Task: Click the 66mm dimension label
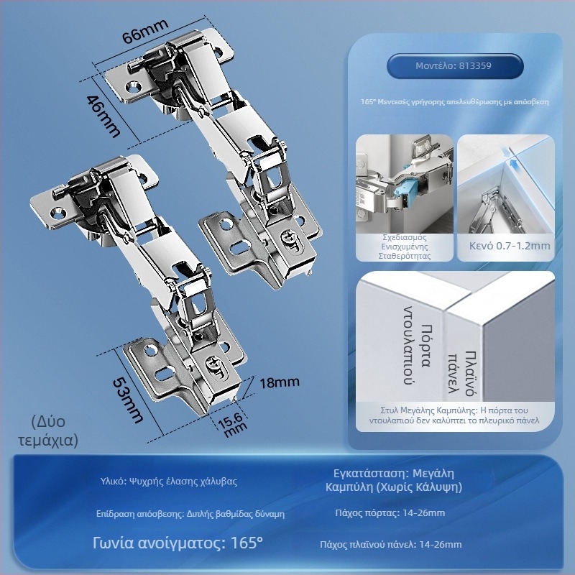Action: click(x=145, y=31)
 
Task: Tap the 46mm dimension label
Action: click(x=103, y=116)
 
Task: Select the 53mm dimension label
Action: click(x=127, y=400)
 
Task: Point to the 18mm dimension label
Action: click(x=280, y=382)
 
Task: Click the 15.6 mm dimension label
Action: click(x=232, y=425)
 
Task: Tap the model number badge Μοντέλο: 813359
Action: click(x=455, y=66)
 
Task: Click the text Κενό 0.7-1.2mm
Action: click(x=510, y=246)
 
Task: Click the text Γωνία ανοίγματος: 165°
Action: click(x=178, y=543)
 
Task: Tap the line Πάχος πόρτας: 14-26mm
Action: click(x=390, y=512)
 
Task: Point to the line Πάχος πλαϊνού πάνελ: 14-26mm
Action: click(x=391, y=544)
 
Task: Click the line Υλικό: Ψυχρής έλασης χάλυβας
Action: click(x=169, y=481)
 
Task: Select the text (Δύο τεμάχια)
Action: click(x=48, y=431)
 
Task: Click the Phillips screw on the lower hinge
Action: click(x=213, y=364)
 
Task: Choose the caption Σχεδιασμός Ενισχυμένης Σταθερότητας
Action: click(x=405, y=247)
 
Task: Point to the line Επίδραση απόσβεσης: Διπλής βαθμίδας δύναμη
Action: click(x=190, y=514)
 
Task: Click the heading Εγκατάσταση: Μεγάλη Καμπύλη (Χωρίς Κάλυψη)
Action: click(x=394, y=480)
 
